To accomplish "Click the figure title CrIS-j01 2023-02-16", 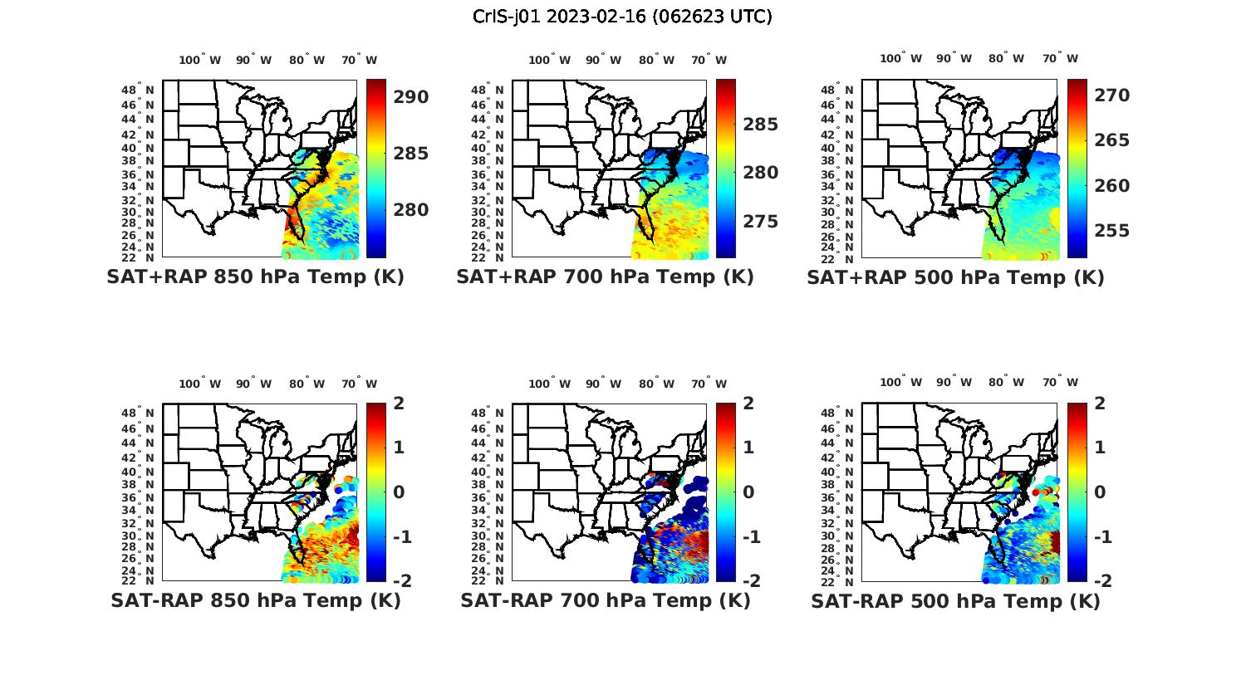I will pyautogui.click(x=622, y=17).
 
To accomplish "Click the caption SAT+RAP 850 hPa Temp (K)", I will pyautogui.click(x=255, y=277).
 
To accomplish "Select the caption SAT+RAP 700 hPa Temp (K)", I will pyautogui.click(x=605, y=277).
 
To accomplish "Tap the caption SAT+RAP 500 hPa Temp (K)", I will pyautogui.click(x=955, y=277).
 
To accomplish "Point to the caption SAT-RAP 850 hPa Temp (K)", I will pyautogui.click(x=255, y=600).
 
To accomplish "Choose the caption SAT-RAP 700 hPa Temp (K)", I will pyautogui.click(x=605, y=600).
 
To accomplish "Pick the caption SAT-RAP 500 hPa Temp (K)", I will pyautogui.click(x=955, y=601).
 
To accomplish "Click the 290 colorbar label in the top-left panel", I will pyautogui.click(x=410, y=97).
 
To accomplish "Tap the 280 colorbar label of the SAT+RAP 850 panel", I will pyautogui.click(x=410, y=210).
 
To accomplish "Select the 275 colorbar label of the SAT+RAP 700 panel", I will pyautogui.click(x=760, y=222).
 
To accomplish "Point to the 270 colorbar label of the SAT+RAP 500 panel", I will pyautogui.click(x=1111, y=95).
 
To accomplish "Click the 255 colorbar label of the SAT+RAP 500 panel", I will pyautogui.click(x=1111, y=231).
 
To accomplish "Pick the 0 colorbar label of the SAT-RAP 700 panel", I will pyautogui.click(x=748, y=492).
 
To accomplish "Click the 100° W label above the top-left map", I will pyautogui.click(x=200, y=60).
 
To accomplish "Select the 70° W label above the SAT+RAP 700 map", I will pyautogui.click(x=709, y=60).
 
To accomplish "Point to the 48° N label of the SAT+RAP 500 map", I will pyautogui.click(x=845, y=89).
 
